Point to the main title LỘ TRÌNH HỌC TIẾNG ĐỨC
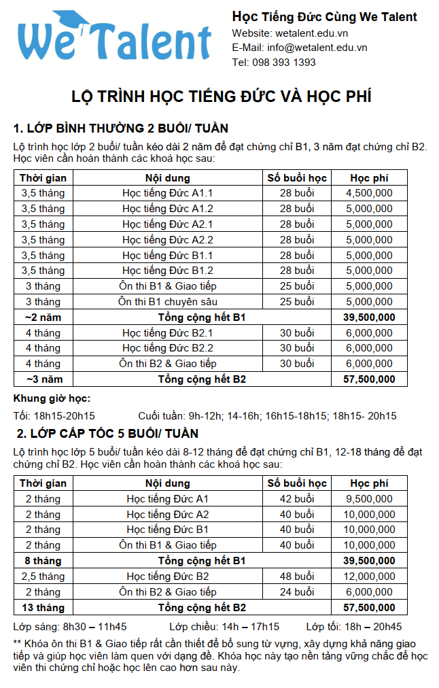[222, 96]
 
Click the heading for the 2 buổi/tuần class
[121, 128]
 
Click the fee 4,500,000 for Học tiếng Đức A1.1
[369, 193]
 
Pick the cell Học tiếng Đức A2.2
[168, 239]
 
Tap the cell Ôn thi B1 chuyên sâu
[168, 301]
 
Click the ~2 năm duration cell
[43, 317]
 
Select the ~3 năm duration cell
[43, 379]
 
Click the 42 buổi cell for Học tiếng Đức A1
[297, 499]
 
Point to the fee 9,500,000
[369, 499]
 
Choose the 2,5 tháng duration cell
[43, 577]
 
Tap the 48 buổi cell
[297, 577]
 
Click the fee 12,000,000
[369, 577]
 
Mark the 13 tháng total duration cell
[43, 607]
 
